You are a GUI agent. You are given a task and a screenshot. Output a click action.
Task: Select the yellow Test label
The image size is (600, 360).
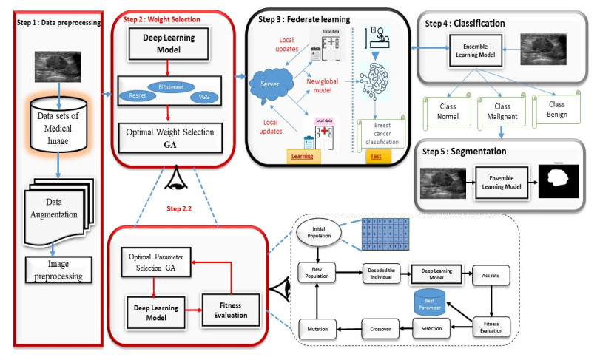pos(376,157)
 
